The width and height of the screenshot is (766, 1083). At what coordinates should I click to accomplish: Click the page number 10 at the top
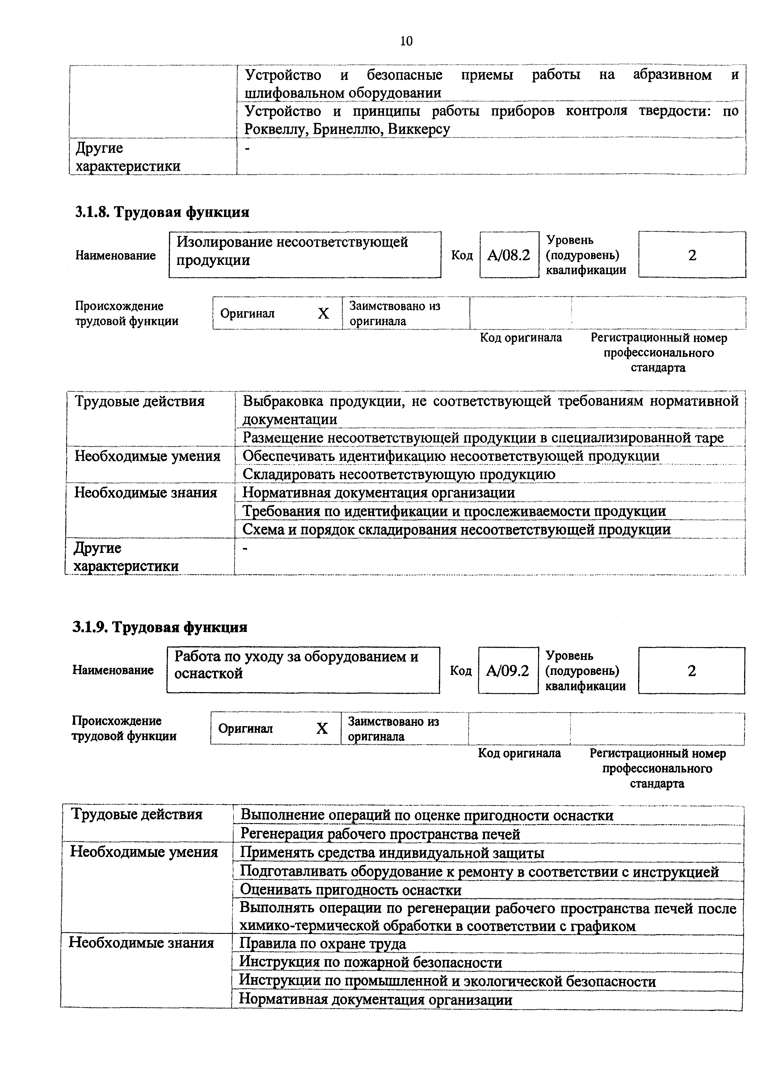[x=406, y=41]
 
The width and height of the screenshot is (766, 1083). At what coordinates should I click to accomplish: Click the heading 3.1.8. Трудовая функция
[x=162, y=212]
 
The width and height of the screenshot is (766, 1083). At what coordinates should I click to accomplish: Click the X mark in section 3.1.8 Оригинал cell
[x=323, y=313]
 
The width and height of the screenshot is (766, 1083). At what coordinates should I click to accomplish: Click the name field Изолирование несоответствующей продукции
[x=305, y=254]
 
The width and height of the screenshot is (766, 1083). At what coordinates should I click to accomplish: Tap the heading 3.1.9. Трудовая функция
[x=160, y=627]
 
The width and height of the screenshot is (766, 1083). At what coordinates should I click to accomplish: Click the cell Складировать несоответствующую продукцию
[x=399, y=474]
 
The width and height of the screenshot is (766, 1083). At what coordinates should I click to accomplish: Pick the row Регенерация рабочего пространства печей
[x=380, y=834]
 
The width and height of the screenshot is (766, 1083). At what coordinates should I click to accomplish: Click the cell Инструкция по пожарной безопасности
[x=371, y=962]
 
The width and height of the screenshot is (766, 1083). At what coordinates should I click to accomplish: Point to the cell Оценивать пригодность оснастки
[x=351, y=890]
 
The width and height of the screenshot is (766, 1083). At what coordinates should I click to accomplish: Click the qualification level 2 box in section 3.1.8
[x=692, y=255]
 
